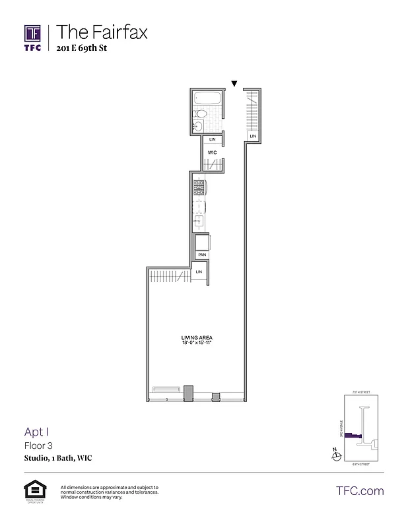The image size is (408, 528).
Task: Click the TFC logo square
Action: click(x=33, y=33)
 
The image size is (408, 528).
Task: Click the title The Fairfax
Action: click(x=102, y=31)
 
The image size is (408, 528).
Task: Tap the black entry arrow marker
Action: click(x=234, y=83)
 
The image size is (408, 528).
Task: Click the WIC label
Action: click(x=213, y=152)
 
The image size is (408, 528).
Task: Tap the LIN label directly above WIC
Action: click(x=213, y=140)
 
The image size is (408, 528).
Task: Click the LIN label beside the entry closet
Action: click(x=252, y=136)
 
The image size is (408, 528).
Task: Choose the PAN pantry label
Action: click(x=202, y=254)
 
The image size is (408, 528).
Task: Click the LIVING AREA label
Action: click(x=196, y=338)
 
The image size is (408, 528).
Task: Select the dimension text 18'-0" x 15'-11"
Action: click(x=196, y=343)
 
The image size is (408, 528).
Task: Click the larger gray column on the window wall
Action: click(x=188, y=393)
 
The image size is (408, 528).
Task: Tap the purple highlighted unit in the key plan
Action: click(x=354, y=437)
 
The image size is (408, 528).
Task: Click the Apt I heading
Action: click(x=36, y=432)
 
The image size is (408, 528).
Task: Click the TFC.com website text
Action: click(x=360, y=491)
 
